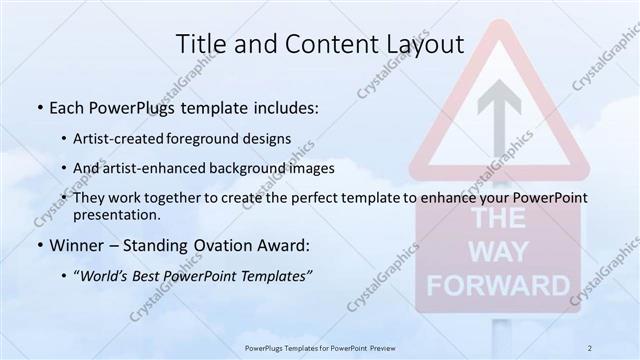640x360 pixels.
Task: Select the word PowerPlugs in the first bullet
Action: click(129, 108)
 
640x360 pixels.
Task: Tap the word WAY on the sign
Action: click(509, 253)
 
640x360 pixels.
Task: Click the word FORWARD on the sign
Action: click(509, 284)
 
